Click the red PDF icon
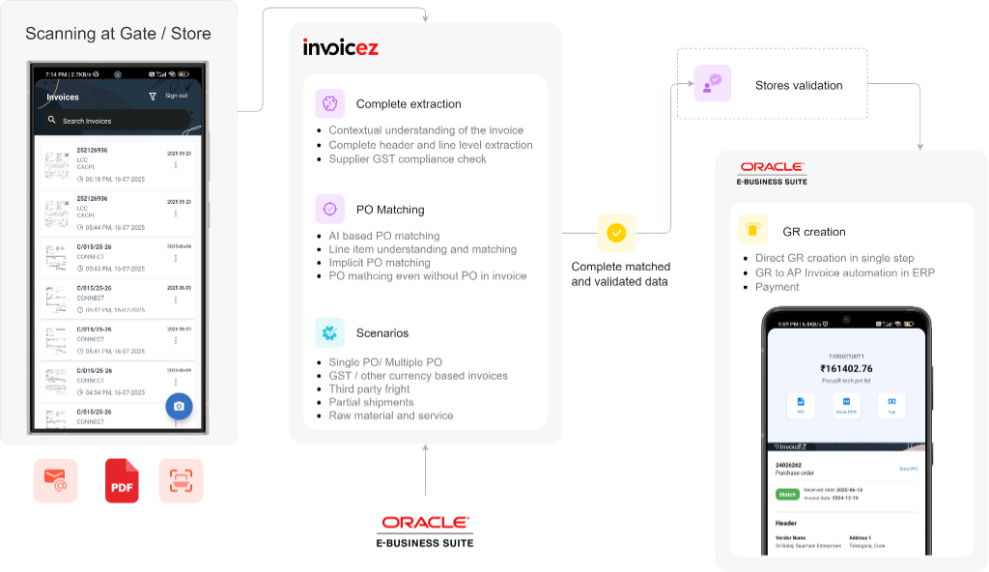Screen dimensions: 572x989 point(122,480)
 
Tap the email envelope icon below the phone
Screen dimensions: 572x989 point(55,480)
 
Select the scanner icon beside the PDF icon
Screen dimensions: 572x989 point(181,480)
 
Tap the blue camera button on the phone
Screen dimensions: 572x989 point(179,406)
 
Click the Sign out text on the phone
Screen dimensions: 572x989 point(176,96)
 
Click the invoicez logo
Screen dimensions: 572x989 point(341,46)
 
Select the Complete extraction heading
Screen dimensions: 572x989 point(408,104)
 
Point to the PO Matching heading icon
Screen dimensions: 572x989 point(329,209)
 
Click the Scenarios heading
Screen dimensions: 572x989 point(381,333)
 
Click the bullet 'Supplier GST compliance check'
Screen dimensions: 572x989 point(408,159)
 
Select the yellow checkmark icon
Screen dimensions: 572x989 point(616,233)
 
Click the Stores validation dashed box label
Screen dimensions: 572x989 point(798,85)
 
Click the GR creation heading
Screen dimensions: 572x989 point(813,232)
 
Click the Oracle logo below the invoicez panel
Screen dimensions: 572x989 point(426,522)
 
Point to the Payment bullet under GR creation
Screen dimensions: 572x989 point(777,287)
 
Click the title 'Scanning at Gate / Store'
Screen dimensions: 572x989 point(118,34)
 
